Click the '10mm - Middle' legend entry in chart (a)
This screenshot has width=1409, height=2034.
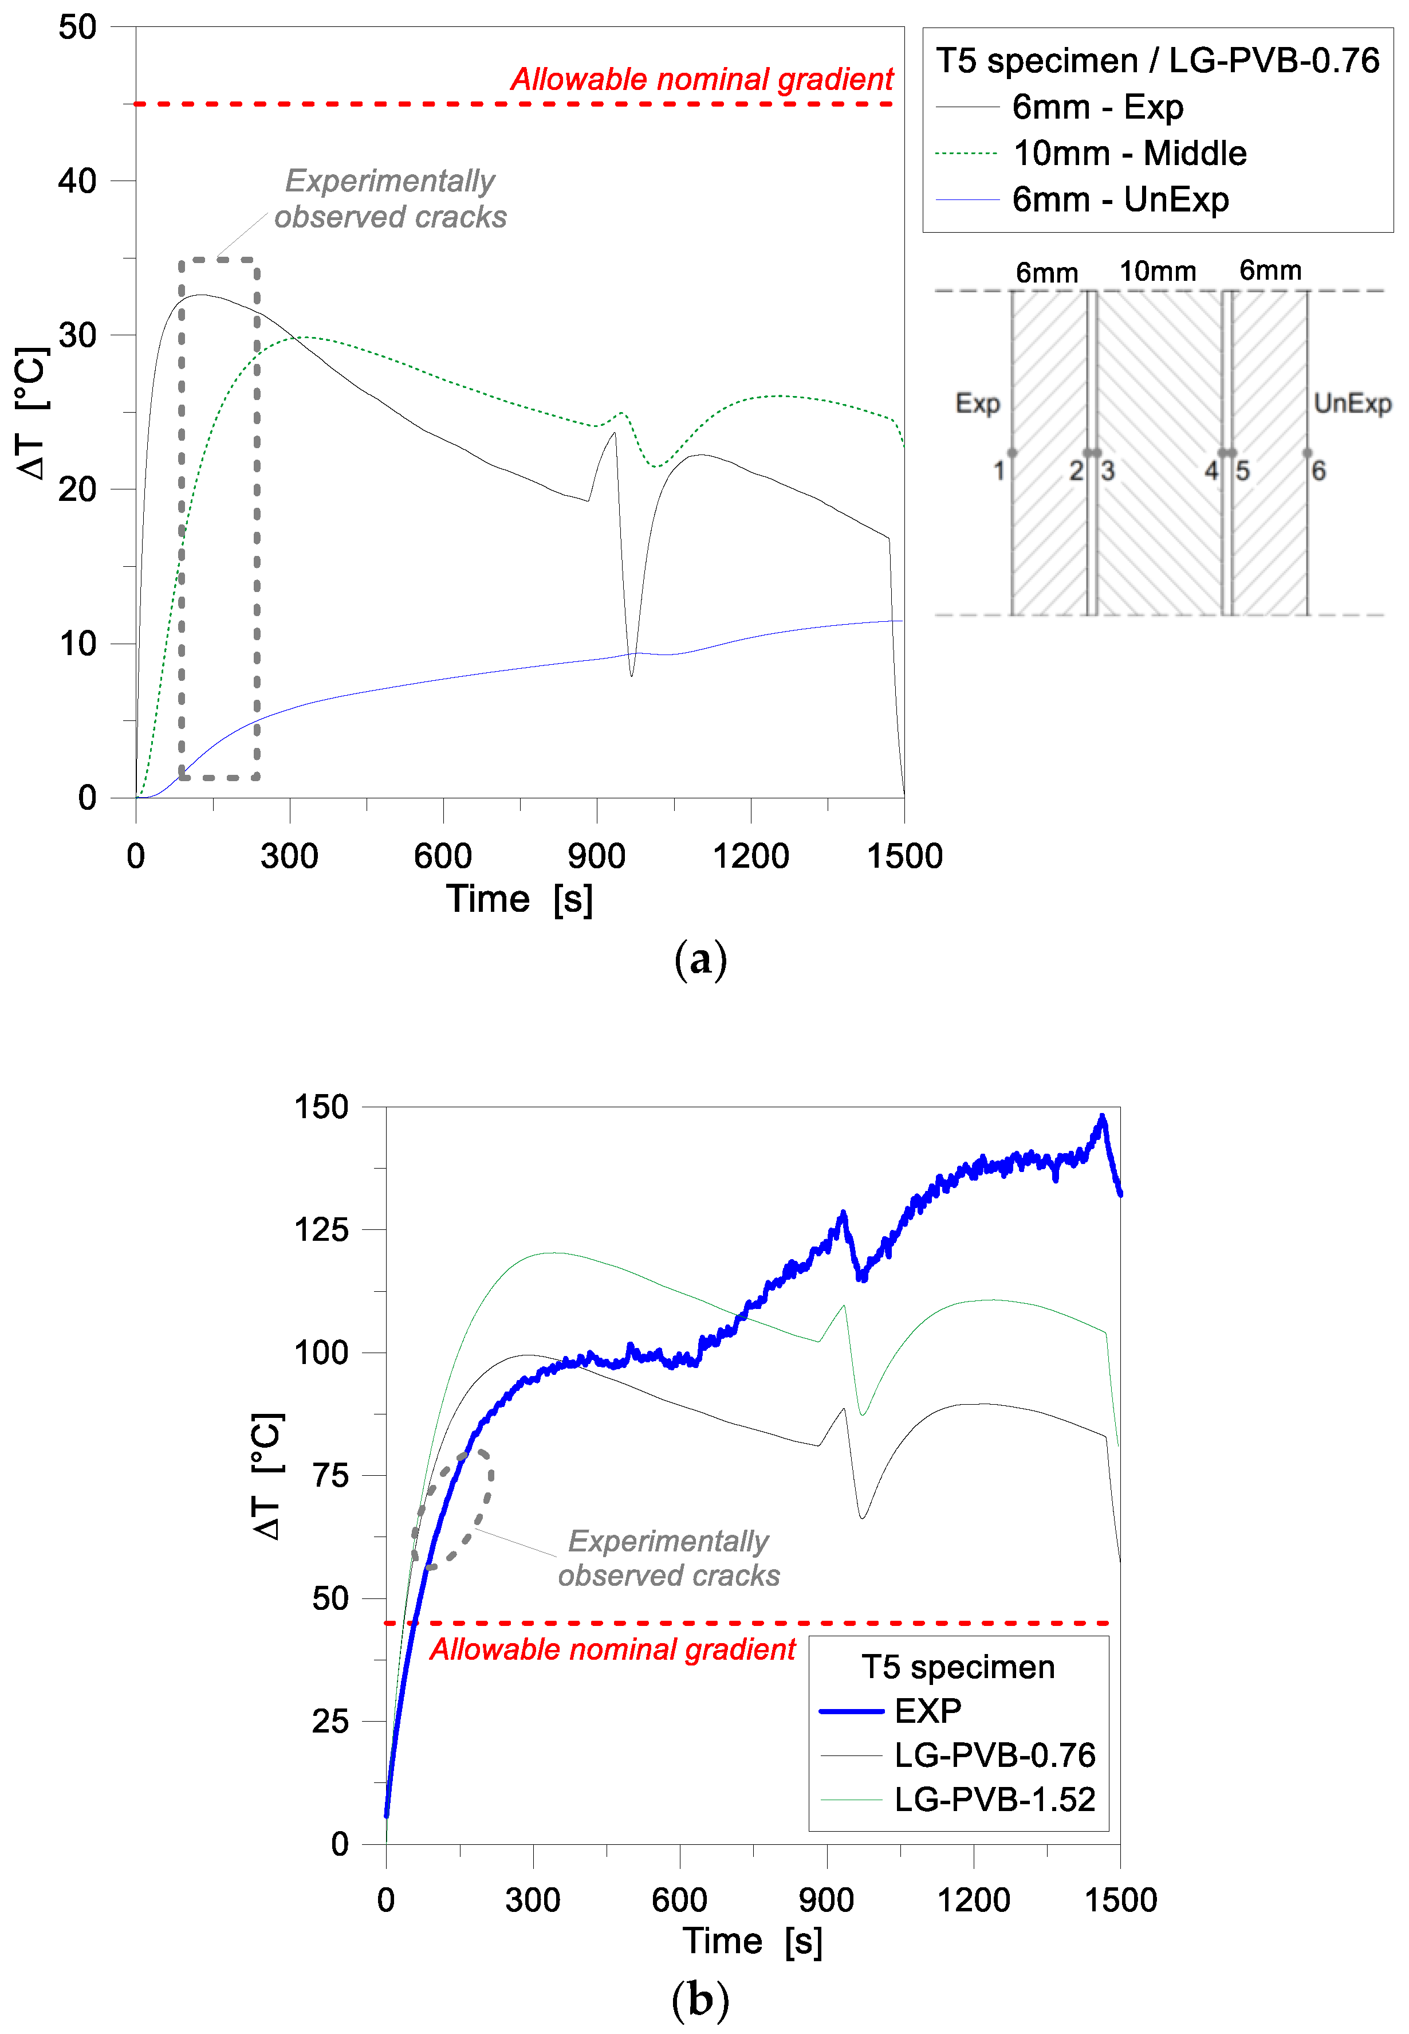(1128, 154)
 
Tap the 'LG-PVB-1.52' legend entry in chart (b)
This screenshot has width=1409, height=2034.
(994, 1799)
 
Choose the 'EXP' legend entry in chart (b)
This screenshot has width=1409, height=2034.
(927, 1711)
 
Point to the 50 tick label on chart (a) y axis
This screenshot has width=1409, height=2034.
(78, 28)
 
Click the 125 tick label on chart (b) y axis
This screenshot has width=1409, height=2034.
(321, 1229)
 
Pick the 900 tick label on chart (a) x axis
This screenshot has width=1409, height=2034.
(597, 856)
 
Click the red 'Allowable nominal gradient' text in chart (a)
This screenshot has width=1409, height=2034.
(702, 80)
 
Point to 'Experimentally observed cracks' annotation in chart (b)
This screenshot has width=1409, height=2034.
(668, 1558)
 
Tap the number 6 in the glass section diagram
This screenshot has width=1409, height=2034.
(1318, 471)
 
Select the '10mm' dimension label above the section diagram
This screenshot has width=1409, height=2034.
(1158, 271)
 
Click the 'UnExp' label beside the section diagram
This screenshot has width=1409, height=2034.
(1352, 403)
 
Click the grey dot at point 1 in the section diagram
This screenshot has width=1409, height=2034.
(1012, 453)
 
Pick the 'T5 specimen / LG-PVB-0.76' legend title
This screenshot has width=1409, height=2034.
(1156, 61)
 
